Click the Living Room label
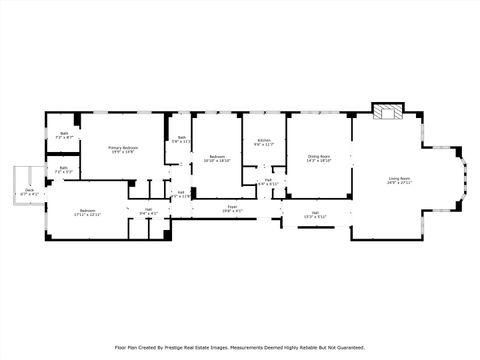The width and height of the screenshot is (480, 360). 399,179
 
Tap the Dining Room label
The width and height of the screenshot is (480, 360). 319,156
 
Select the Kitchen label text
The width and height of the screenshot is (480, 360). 264,140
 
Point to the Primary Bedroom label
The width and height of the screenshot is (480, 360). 123,147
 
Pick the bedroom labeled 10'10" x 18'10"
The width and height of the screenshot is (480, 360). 216,157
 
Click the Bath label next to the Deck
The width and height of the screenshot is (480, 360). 63,168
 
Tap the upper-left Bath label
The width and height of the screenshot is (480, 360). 63,133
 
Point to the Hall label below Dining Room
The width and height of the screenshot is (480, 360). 314,212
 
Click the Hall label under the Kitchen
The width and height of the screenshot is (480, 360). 269,181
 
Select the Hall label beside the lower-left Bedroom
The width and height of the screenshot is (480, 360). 147,209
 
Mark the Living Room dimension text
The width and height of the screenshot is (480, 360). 399,184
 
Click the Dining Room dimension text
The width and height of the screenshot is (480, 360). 319,160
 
